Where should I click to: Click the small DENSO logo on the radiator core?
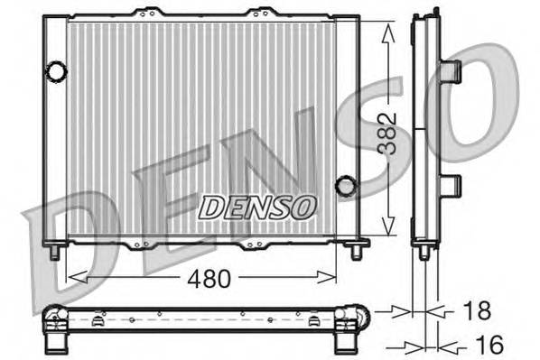click(x=257, y=207)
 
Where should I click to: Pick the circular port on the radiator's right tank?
click(x=345, y=187)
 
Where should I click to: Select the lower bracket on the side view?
click(x=451, y=186)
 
